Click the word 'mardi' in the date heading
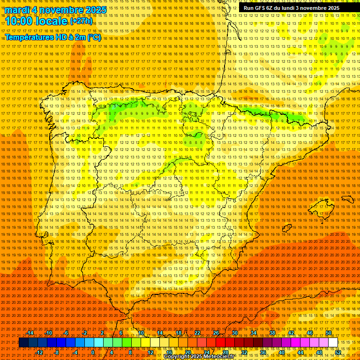(x=17, y=10)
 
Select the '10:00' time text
(x=20, y=21)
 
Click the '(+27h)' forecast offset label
(x=81, y=21)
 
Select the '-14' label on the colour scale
(x=30, y=333)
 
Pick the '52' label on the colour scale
(x=338, y=352)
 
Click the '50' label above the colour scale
(x=329, y=333)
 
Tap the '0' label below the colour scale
(x=93, y=352)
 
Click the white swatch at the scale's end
(x=333, y=343)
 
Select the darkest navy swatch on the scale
(x=23, y=343)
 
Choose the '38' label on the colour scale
(x=272, y=333)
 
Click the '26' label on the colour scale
(x=216, y=333)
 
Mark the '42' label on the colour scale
(x=291, y=333)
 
